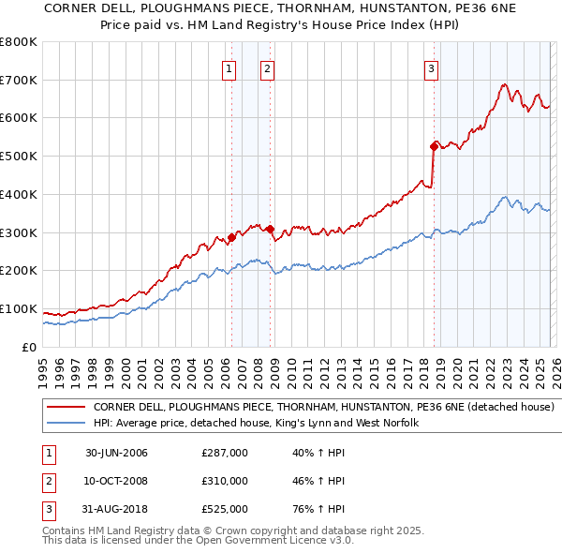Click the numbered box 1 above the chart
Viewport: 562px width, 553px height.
point(229,67)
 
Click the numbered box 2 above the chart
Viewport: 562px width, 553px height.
point(267,67)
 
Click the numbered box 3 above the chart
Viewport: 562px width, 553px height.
point(431,67)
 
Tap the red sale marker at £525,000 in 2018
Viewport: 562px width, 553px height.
point(434,145)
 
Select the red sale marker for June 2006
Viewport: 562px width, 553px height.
point(231,237)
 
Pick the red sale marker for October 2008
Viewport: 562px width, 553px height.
point(270,228)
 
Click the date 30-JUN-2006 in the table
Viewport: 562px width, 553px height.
point(116,454)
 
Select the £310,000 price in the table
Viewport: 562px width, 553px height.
point(225,481)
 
